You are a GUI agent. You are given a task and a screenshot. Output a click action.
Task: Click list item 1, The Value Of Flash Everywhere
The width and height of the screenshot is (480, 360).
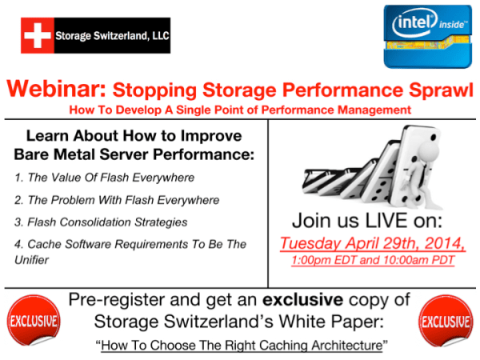[x=104, y=177]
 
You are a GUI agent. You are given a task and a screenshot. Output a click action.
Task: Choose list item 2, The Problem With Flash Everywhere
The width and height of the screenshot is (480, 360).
[x=117, y=199]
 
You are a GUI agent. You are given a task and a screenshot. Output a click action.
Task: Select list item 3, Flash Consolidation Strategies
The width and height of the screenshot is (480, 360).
[x=101, y=222]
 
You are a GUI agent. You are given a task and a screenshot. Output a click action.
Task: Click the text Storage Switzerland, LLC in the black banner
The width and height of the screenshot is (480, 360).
[x=111, y=35]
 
